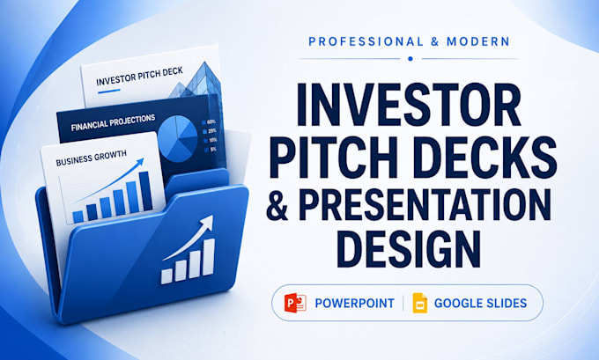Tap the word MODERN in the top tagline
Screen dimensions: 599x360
tap(478, 41)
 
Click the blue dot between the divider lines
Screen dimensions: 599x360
tap(410, 59)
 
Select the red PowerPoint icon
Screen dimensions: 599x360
tap(295, 303)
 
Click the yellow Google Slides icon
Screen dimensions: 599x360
tap(420, 303)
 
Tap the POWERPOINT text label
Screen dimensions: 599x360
tap(354, 304)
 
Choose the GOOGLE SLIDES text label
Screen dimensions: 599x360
tap(481, 304)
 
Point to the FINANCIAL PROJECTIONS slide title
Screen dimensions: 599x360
tap(113, 122)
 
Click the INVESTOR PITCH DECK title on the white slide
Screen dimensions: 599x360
tap(139, 77)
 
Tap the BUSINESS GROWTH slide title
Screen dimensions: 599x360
tap(91, 158)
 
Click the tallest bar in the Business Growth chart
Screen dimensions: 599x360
tap(145, 190)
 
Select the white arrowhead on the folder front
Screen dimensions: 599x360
tap(206, 223)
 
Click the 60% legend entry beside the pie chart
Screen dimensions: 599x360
tap(209, 122)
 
